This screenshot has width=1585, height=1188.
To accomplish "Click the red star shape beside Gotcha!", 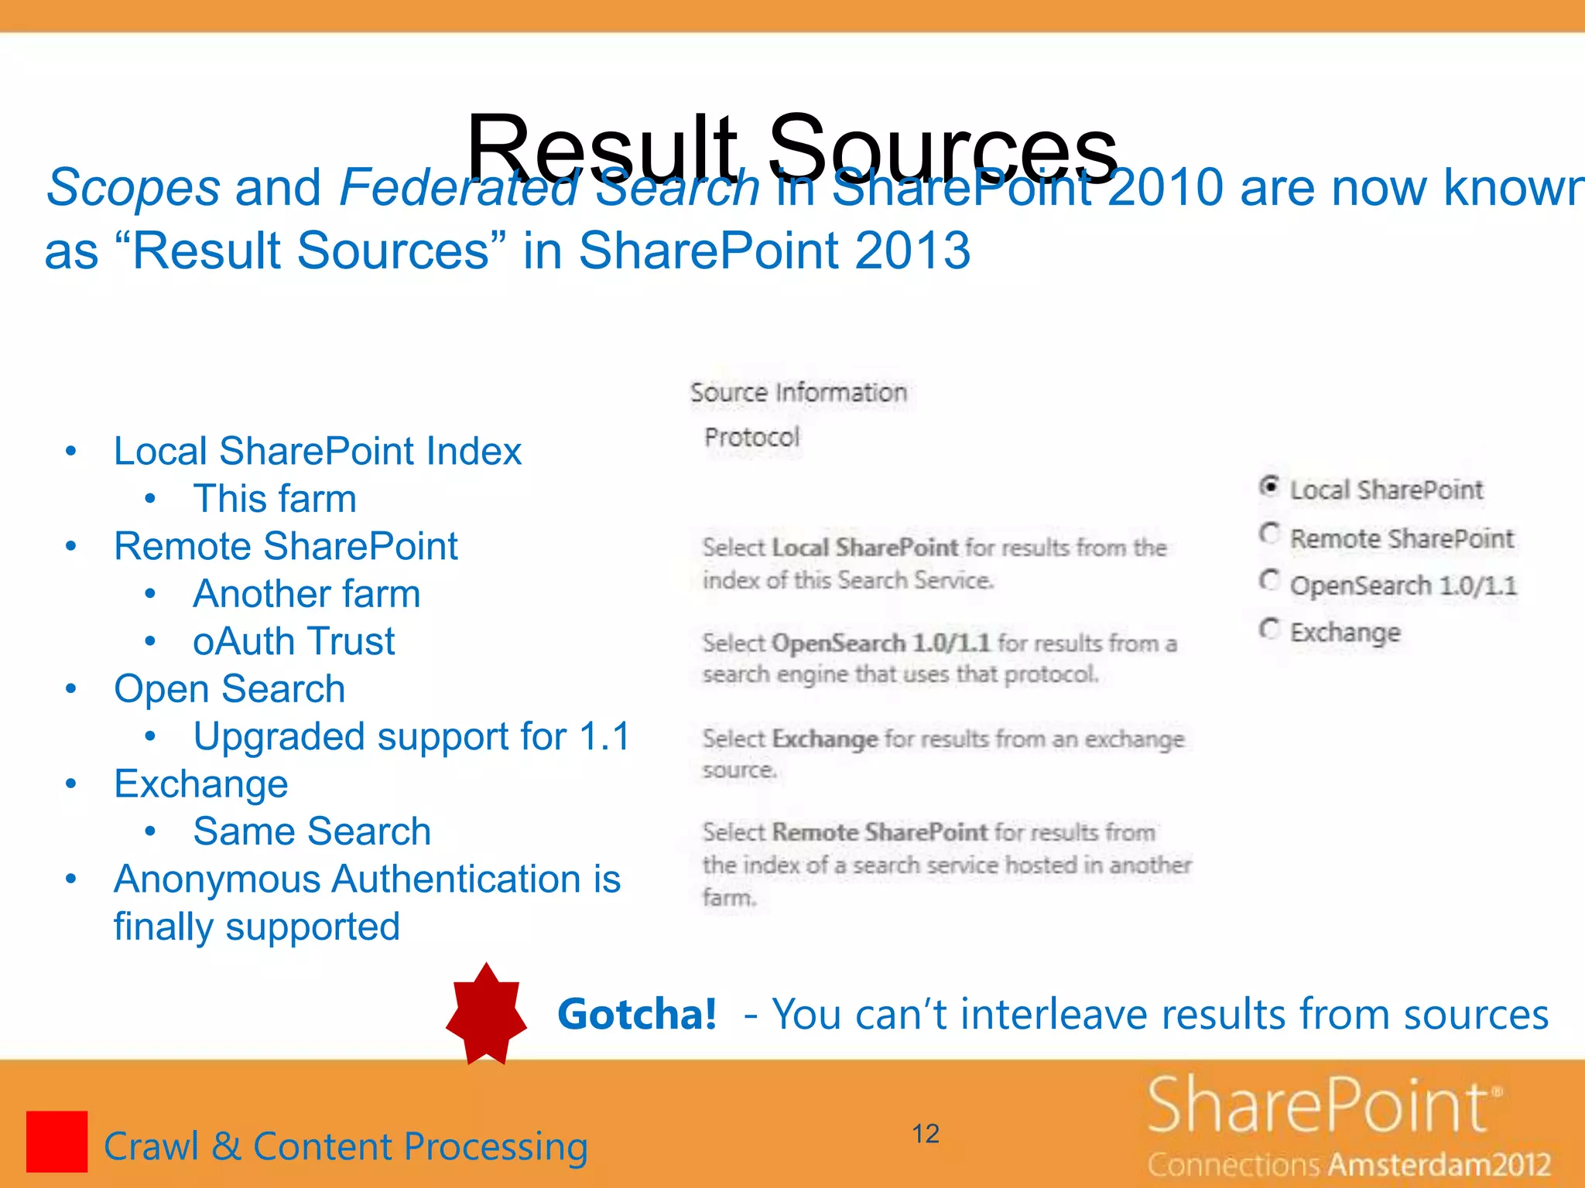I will point(486,1014).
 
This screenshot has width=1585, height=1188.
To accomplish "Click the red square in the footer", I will point(56,1141).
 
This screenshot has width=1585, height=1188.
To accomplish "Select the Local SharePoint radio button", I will point(1268,486).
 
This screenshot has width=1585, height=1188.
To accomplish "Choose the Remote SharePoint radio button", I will point(1268,534).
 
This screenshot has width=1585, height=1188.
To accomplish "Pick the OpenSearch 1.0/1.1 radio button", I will point(1268,581).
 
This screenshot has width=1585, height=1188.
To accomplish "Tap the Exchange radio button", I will point(1268,629).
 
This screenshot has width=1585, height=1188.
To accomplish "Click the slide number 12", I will point(926,1134).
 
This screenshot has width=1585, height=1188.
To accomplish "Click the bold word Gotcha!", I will point(637,1014).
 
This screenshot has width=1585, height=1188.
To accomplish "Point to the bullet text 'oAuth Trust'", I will point(293,641).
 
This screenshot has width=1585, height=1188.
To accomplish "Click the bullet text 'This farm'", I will point(275,498).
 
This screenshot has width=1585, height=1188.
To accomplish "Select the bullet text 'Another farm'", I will point(306,594).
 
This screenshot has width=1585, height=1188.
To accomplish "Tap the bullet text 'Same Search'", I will point(312,831).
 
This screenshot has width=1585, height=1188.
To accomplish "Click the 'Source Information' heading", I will point(798,393).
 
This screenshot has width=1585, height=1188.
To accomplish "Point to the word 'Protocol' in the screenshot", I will point(751,438).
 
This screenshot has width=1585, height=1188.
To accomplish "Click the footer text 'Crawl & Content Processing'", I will point(346,1146).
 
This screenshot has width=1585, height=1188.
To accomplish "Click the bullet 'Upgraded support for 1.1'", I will point(412,736).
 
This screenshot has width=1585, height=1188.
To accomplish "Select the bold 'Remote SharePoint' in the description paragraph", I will point(880,832).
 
